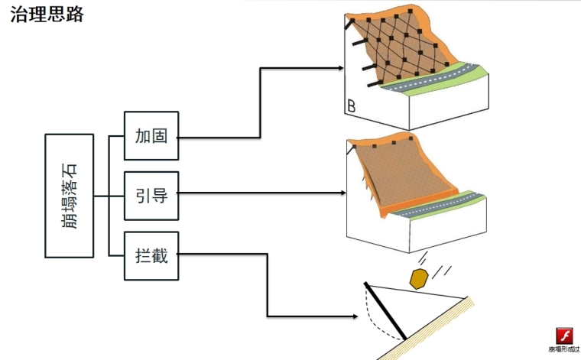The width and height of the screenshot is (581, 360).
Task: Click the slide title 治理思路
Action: pos(47,14)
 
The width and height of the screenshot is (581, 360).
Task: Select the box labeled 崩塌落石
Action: pos(70,196)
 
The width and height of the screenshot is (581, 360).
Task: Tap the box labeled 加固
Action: pos(151,138)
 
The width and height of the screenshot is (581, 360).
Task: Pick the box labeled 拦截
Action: pos(151,255)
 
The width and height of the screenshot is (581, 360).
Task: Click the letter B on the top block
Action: pos(351,106)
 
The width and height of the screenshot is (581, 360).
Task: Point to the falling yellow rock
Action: pos(418,277)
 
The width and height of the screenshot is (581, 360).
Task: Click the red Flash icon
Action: pos(564,336)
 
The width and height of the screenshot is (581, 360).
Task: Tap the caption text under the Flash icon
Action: pos(564,350)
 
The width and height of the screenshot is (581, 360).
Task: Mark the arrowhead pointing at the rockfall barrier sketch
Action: pos(355,316)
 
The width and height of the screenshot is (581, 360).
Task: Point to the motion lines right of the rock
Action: pos(441,271)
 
